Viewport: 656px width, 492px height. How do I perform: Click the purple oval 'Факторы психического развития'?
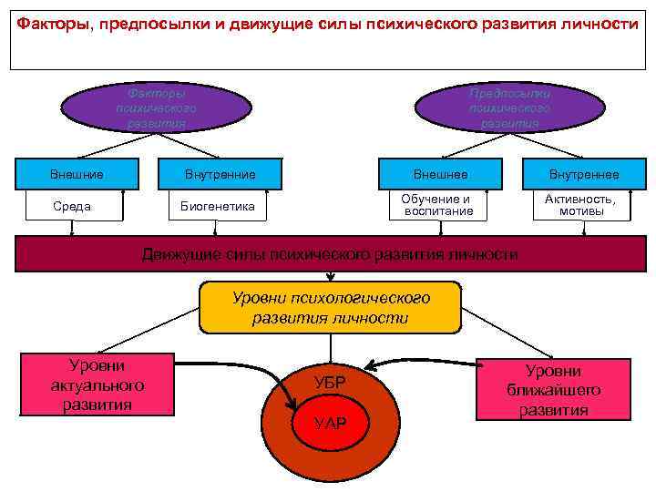156,108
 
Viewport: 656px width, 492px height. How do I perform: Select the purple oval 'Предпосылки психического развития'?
509,108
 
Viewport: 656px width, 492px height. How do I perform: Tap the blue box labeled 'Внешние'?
76,174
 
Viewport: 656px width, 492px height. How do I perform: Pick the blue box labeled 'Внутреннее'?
582,174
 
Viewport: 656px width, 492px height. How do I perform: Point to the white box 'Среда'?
72,206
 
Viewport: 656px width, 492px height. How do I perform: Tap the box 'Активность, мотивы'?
580,205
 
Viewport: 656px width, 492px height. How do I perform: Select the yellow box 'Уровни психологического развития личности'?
331,308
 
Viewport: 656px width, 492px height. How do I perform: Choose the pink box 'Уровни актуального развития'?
97,385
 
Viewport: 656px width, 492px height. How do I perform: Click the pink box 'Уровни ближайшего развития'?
553,390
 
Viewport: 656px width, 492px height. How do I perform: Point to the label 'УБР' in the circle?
329,383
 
